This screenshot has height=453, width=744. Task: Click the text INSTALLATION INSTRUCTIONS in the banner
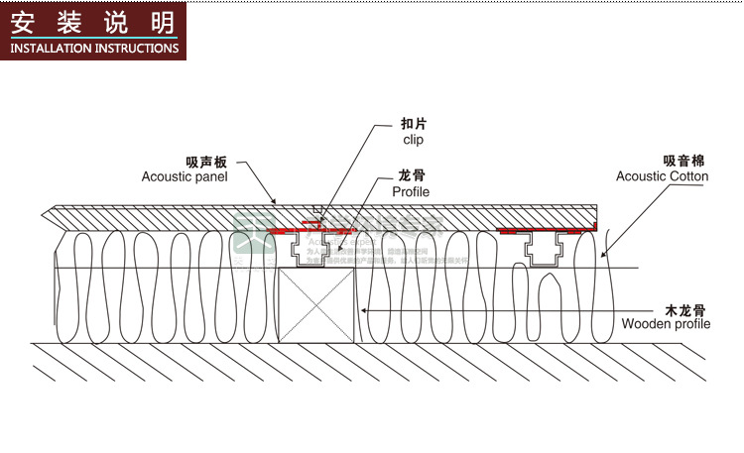(x=94, y=48)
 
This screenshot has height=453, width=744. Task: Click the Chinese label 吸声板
(x=205, y=161)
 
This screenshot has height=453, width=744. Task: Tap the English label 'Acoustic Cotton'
(x=663, y=176)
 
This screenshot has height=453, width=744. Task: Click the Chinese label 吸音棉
(x=684, y=161)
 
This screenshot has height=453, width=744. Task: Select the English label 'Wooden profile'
(x=666, y=324)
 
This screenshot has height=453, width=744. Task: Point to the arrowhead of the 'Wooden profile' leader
(x=361, y=310)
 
